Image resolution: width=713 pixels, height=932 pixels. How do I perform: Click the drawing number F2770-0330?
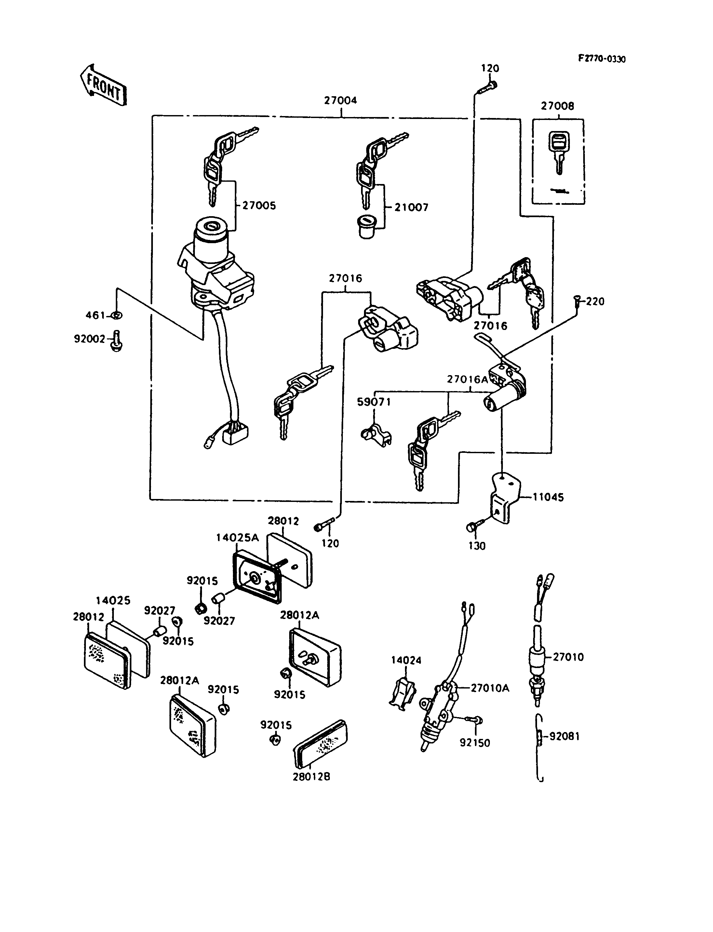(x=601, y=59)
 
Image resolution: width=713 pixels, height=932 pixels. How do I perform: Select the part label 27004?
(x=341, y=100)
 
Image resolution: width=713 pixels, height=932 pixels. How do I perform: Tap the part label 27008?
(x=557, y=106)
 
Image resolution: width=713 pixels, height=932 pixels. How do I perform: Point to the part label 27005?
(x=259, y=206)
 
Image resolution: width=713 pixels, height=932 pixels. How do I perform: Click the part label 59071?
(x=374, y=402)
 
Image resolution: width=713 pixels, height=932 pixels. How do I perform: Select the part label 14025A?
(x=237, y=537)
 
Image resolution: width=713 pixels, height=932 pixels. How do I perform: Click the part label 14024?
(x=406, y=660)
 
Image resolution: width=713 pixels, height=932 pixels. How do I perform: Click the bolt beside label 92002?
(x=117, y=341)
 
